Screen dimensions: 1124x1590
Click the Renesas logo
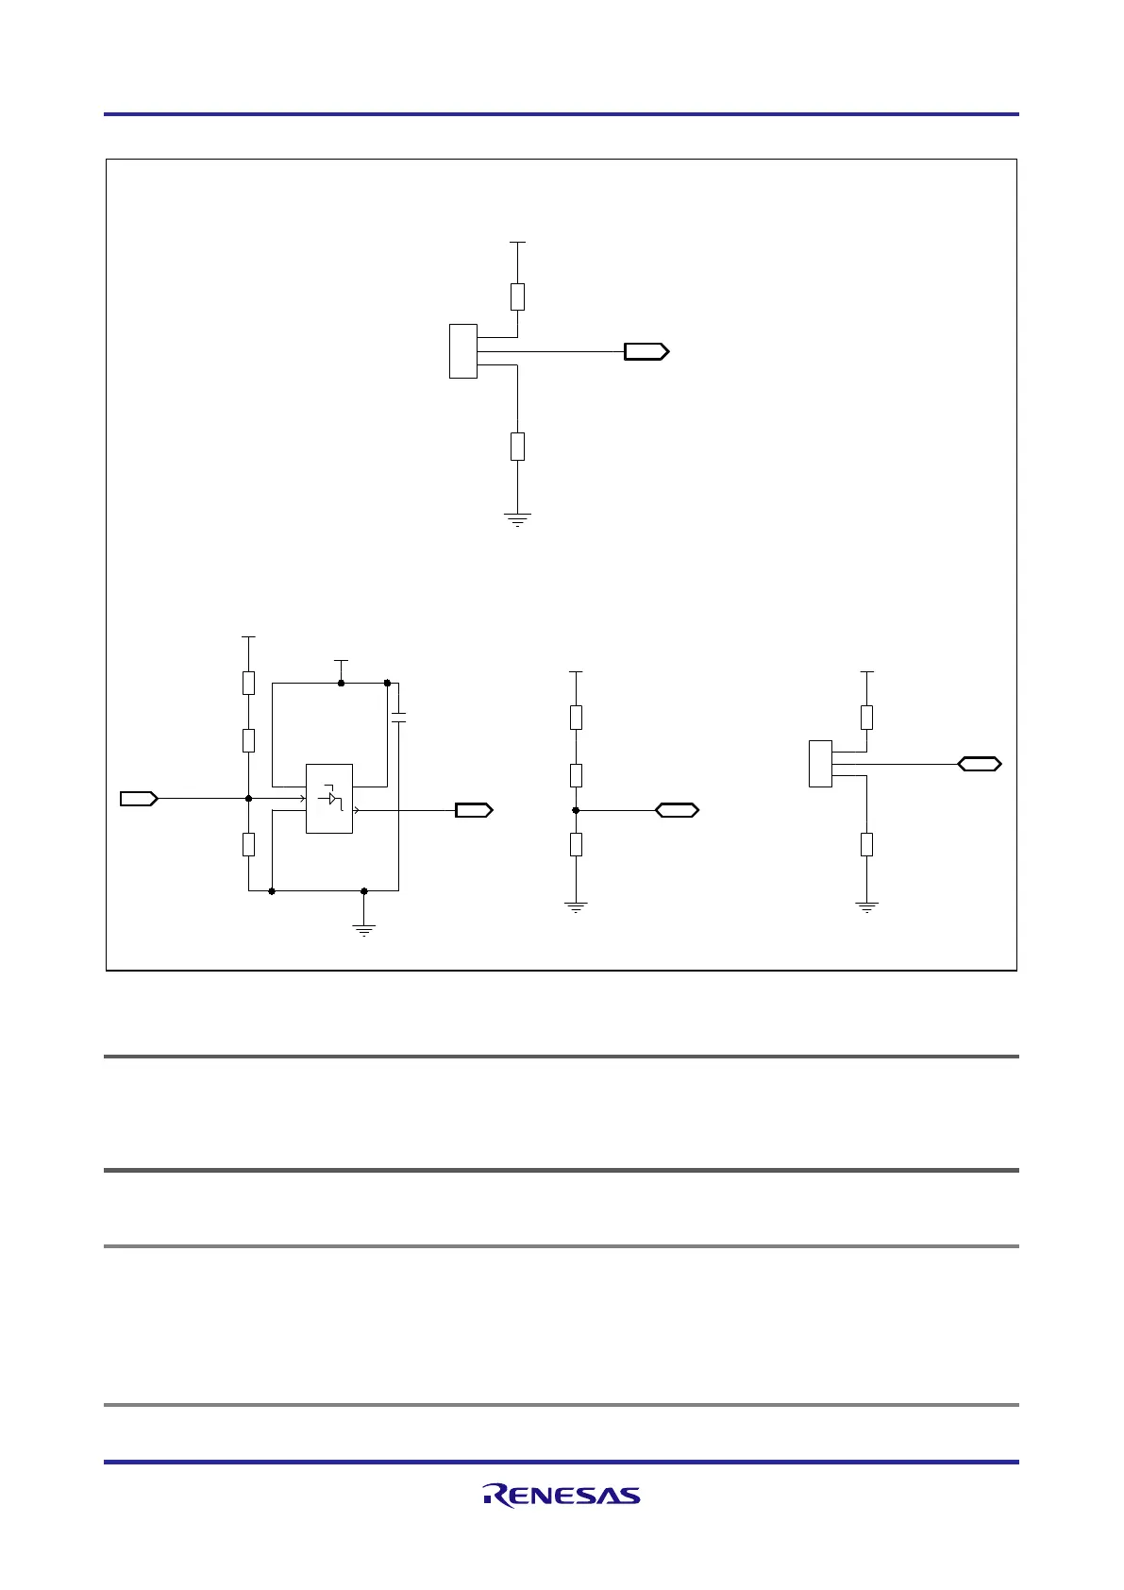tap(562, 1495)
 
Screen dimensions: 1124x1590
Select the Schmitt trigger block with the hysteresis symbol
tap(329, 799)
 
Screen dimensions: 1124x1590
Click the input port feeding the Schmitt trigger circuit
tap(138, 799)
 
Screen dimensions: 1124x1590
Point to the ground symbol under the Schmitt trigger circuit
tap(364, 929)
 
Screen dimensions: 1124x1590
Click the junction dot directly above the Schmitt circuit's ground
tap(364, 890)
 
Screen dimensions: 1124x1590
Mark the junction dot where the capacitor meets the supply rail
tap(388, 682)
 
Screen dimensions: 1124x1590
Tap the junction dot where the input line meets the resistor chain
tap(248, 799)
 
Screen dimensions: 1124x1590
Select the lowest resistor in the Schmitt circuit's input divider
tap(248, 844)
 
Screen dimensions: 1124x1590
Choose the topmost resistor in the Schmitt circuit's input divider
tap(248, 683)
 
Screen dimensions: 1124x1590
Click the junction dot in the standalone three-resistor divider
tap(576, 810)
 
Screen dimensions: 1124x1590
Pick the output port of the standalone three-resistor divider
tap(677, 810)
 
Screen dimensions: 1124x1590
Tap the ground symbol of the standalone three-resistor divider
tap(576, 908)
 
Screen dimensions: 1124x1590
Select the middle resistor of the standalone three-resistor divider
tap(576, 775)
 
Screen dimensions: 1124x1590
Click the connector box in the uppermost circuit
tap(462, 351)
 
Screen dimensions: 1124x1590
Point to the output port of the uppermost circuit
tap(646, 351)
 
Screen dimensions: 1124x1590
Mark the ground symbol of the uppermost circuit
tap(517, 518)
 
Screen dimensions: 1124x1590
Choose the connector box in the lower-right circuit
tap(821, 764)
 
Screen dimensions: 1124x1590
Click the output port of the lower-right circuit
tap(980, 764)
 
